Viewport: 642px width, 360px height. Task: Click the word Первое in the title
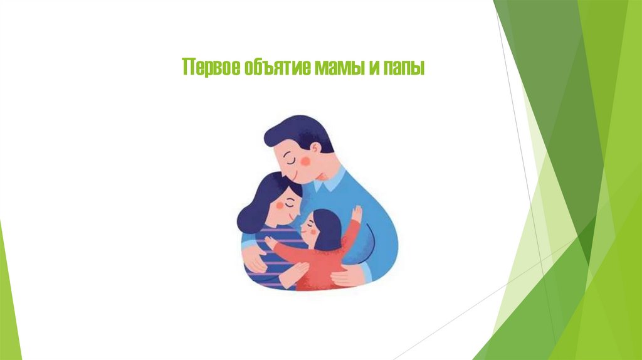(203, 67)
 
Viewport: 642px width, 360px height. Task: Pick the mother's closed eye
(288, 202)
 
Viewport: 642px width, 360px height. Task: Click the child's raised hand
(356, 213)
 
